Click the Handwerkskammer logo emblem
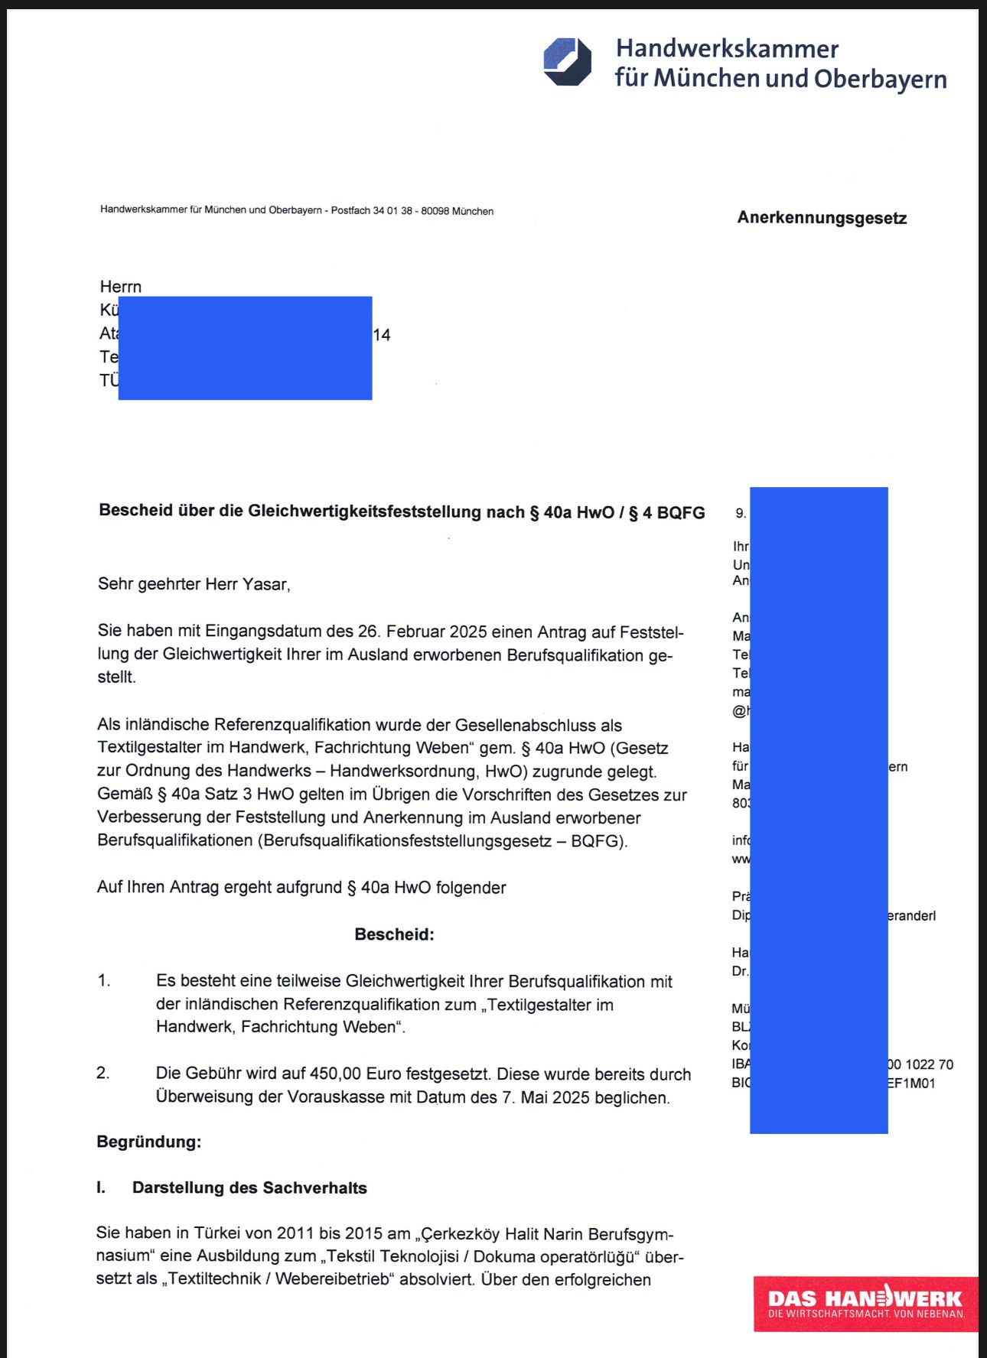[x=567, y=62]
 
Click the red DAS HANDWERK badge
[x=865, y=1304]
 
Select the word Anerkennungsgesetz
[x=822, y=218]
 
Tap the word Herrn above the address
[x=121, y=287]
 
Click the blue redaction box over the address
[x=245, y=348]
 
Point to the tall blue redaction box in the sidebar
[x=819, y=810]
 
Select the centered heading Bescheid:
[x=394, y=934]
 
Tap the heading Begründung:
[x=148, y=1142]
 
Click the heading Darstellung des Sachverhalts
[x=249, y=1187]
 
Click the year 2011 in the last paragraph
[x=295, y=1233]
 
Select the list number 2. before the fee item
[x=103, y=1074]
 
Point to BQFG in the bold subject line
[x=680, y=513]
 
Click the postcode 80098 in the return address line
[x=435, y=211]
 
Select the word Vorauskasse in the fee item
[x=334, y=1097]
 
